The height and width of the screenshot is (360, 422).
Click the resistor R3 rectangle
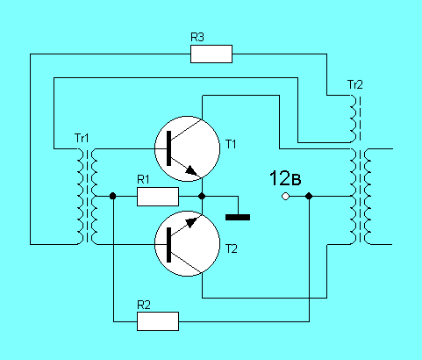coord(211,54)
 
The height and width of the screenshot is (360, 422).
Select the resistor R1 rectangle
coord(158,197)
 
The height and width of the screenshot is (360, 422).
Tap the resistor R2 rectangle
coord(158,321)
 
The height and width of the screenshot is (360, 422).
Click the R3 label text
coord(197,37)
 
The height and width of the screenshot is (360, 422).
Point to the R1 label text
coord(143,179)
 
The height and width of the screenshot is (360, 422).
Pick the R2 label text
coord(144,305)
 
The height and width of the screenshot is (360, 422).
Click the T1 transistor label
coord(231,144)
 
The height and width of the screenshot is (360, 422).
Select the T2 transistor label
coord(232,248)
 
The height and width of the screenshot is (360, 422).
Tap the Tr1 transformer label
coord(82,138)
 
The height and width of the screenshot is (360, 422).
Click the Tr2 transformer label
coord(355,84)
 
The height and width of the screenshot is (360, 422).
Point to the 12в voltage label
coord(285,178)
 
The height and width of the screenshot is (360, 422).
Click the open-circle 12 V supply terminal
coord(285,196)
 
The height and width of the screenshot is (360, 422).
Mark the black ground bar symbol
coord(238,217)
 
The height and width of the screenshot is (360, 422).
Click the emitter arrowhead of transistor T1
coord(191,170)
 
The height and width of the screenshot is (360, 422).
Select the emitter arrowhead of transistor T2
coord(192,222)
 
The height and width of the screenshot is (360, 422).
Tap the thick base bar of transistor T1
coord(168,148)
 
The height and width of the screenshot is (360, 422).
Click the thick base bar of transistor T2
coord(168,245)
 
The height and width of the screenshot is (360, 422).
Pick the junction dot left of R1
coord(112,196)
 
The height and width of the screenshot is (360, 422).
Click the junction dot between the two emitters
coord(202,196)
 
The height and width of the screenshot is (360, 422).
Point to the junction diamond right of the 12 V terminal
coord(309,196)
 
